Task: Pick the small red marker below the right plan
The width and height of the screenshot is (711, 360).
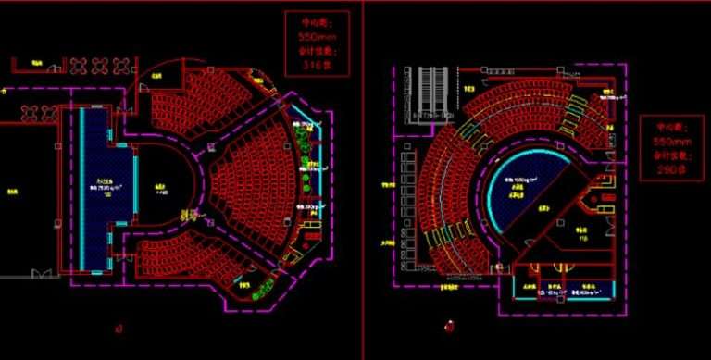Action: [x=449, y=326]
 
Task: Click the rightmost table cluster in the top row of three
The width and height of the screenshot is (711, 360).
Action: [x=121, y=65]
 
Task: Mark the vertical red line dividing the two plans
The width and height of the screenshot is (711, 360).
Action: [x=363, y=176]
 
